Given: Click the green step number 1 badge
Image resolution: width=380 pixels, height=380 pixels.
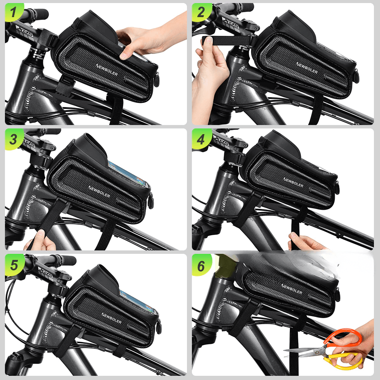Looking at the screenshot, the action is coord(13,12).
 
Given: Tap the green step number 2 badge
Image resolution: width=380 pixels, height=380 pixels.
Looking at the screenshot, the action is coord(201,12).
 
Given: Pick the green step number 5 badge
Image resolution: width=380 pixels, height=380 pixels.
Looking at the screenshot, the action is coord(14,265).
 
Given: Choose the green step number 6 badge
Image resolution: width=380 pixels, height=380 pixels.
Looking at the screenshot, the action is coord(201,265).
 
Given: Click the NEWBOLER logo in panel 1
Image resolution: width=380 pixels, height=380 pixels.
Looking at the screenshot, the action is coord(107,70).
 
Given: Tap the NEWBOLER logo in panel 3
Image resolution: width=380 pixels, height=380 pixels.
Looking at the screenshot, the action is coord(99,192).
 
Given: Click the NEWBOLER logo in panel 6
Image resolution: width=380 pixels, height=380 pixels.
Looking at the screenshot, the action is coord(291,289).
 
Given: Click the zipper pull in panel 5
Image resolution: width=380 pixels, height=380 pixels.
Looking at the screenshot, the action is coord(159,327).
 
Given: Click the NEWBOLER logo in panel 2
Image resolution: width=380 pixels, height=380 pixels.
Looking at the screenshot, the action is coord(307,68).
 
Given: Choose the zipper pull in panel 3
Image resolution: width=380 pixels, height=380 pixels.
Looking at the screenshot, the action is coord(151,200).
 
